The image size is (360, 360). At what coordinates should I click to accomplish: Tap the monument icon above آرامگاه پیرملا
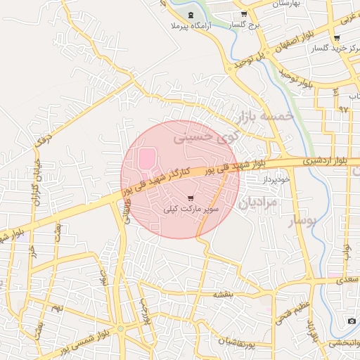coord(192,15)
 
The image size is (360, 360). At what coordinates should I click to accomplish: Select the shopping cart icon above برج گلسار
coord(243,15)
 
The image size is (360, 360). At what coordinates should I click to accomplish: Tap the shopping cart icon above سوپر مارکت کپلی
coord(192,198)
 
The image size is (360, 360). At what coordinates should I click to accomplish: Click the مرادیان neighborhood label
coord(258,202)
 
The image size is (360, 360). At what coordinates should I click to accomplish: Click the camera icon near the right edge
coord(351,321)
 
